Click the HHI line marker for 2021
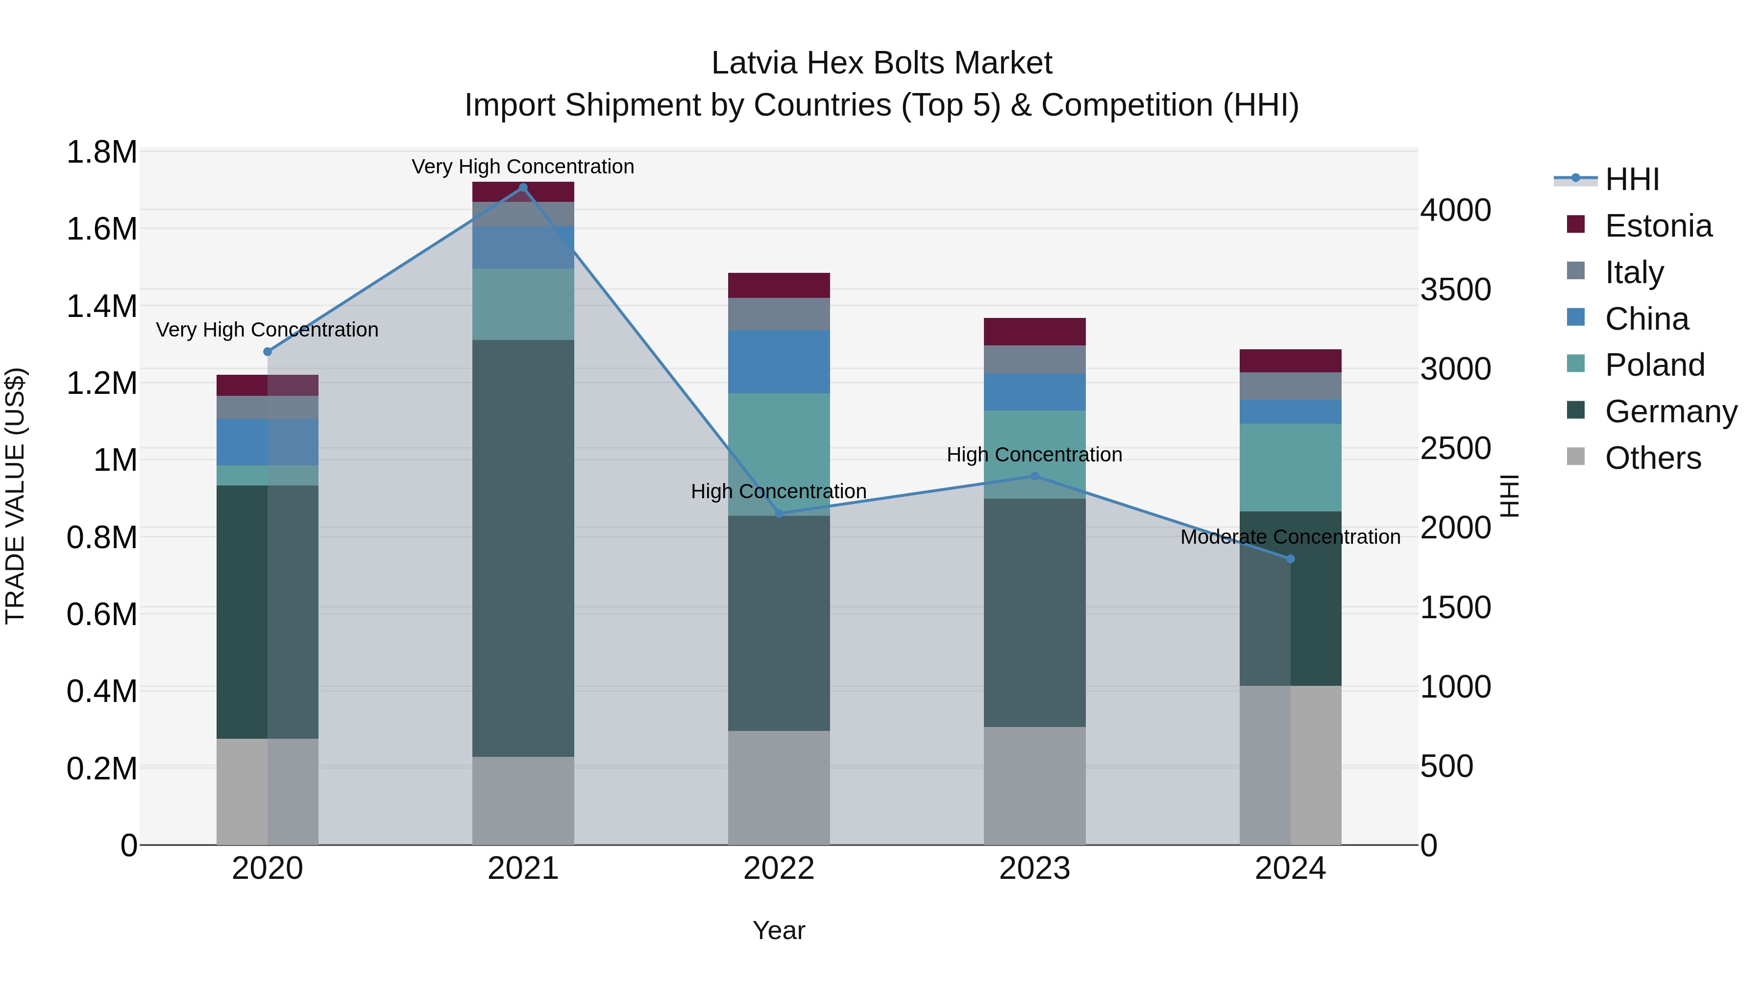click(x=523, y=188)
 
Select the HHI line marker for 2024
click(x=1290, y=558)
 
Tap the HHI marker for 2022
click(x=779, y=513)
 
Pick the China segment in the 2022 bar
click(x=779, y=362)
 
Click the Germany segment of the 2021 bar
click(x=523, y=548)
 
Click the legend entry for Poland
click(x=1654, y=365)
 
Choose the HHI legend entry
click(x=1632, y=179)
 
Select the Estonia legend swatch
click(x=1576, y=224)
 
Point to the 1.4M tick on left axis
click(x=101, y=306)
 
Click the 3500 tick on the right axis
click(x=1455, y=290)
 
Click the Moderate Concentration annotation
click(x=1290, y=537)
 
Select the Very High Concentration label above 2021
click(x=523, y=167)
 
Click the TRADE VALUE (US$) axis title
click(x=15, y=496)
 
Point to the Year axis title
click(x=779, y=930)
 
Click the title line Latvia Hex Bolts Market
click(x=882, y=63)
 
